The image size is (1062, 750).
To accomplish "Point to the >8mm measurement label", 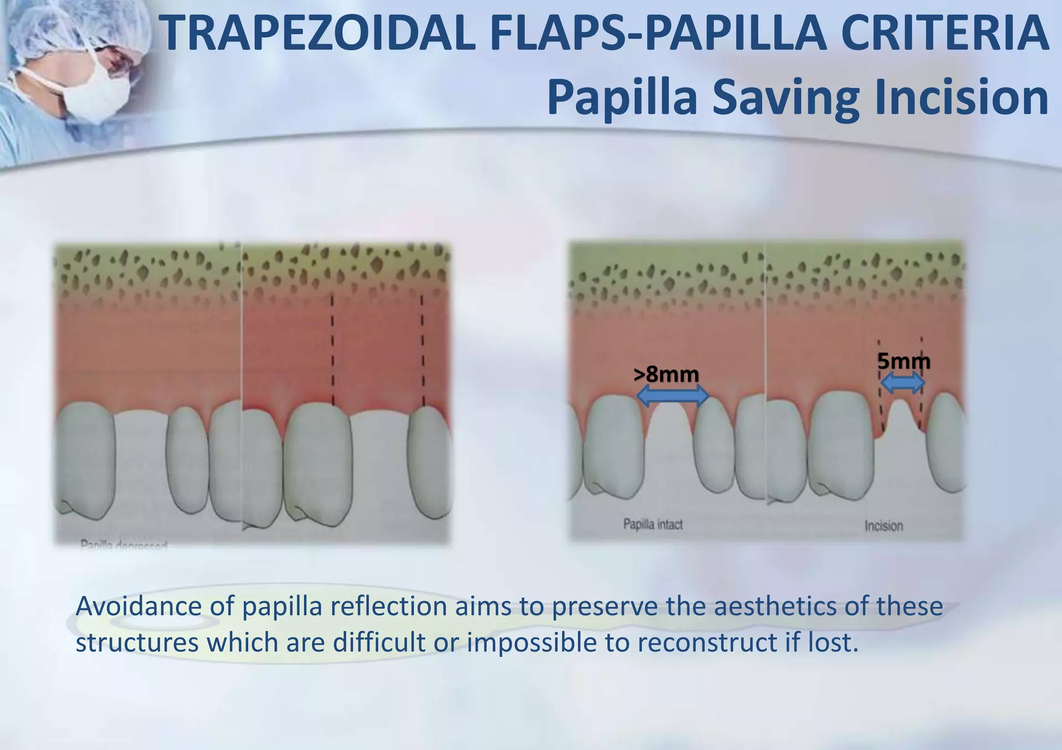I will (666, 374).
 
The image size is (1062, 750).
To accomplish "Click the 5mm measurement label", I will (903, 361).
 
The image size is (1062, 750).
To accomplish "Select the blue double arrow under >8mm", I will (673, 397).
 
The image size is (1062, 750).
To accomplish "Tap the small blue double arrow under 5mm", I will (903, 384).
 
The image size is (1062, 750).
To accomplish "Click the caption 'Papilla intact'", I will (653, 525).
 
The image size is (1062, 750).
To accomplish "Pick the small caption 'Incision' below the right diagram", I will (884, 526).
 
